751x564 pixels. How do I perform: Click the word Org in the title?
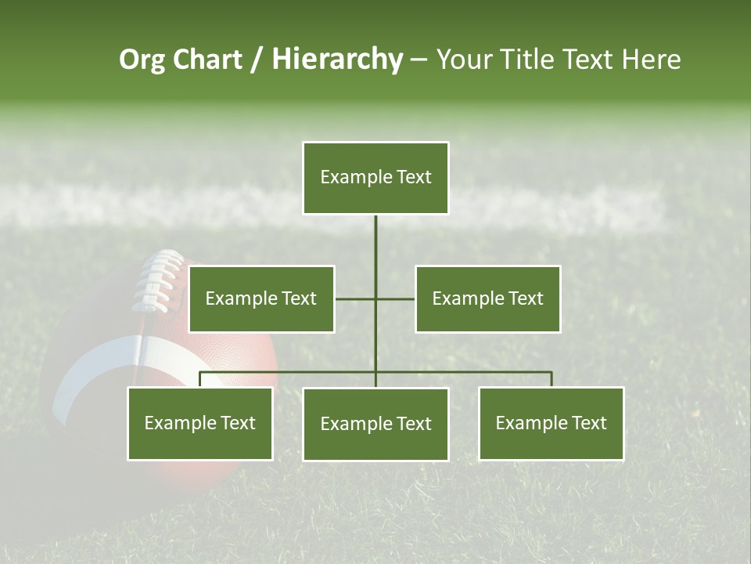pos(141,60)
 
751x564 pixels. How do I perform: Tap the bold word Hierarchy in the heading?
pos(336,60)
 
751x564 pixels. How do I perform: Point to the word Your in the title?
pos(464,60)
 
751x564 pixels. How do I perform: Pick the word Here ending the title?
pos(651,60)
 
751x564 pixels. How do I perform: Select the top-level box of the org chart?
pos(375,178)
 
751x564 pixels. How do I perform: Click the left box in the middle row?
pos(261,298)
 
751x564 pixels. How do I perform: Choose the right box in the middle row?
pos(487,298)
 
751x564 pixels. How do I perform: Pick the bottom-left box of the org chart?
pos(200,424)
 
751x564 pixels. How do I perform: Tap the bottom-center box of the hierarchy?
pos(375,424)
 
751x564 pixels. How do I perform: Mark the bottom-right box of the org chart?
pos(551,424)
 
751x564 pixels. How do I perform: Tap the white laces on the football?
pos(160,282)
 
